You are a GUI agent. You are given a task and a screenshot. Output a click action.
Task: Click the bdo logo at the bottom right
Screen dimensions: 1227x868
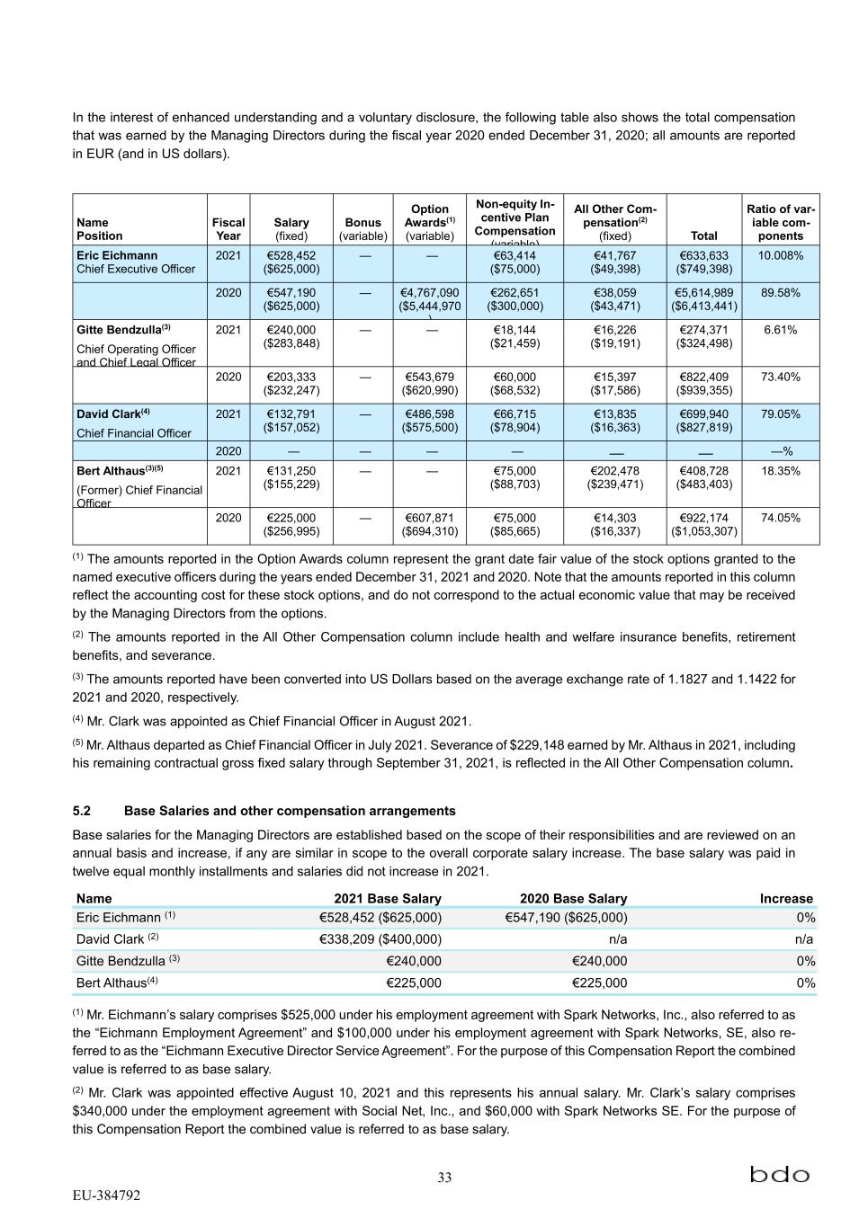(780, 1175)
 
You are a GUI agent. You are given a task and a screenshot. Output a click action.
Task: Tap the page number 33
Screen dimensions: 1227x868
(444, 1178)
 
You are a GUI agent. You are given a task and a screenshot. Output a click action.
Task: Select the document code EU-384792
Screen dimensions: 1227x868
(106, 1196)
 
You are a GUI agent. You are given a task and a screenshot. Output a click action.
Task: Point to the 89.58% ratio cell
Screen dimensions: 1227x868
(781, 293)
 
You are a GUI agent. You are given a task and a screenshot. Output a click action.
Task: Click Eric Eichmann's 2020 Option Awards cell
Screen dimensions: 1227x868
(430, 300)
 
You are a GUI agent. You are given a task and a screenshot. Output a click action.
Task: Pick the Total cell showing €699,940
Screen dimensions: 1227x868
(704, 421)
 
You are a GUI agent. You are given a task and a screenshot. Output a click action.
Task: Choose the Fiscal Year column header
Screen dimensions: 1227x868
(228, 228)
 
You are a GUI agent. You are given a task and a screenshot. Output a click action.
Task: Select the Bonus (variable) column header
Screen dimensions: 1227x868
(362, 228)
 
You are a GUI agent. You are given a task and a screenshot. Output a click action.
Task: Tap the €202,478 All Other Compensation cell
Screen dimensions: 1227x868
(616, 477)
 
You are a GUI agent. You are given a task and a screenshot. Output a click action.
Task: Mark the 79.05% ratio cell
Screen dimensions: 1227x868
(781, 414)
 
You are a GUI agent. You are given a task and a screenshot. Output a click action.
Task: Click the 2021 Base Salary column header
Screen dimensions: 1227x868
(388, 898)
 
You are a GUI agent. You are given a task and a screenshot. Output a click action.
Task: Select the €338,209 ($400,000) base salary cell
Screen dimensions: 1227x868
(380, 939)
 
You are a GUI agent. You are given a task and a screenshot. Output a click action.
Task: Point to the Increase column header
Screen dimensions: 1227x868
(786, 898)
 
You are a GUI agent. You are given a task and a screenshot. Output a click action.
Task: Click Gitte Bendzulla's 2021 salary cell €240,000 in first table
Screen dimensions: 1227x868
(291, 336)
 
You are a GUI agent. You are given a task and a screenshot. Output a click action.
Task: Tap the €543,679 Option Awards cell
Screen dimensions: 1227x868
(430, 384)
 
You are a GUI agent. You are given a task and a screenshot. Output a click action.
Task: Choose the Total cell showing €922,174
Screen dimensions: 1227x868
(704, 524)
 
